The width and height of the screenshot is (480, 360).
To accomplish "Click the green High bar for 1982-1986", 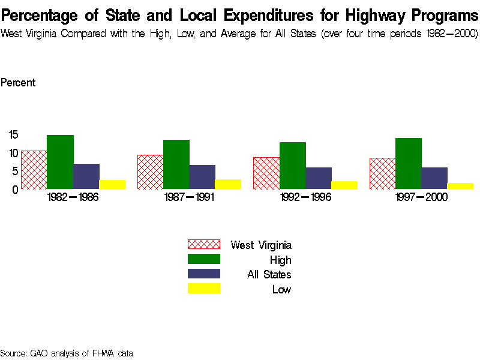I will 60,162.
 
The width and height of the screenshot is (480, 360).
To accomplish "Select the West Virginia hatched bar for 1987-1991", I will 150,172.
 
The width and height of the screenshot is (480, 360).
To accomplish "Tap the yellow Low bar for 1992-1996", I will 344,185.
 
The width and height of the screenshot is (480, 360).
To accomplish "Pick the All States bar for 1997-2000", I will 434,178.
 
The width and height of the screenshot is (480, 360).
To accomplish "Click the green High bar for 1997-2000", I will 408,163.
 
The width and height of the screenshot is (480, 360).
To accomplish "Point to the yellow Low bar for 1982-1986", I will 112,184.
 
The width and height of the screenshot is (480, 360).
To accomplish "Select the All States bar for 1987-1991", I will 202,177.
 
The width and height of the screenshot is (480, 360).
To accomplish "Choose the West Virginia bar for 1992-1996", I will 266,173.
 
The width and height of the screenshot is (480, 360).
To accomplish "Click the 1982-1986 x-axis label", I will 72,197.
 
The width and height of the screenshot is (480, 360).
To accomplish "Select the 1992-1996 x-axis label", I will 305,197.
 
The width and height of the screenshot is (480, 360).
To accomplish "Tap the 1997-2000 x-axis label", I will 421,197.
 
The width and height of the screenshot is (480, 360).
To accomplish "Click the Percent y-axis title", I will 18,83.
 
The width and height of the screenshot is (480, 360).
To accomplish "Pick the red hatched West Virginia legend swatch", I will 204,244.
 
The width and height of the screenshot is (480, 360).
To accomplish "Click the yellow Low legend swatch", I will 204,289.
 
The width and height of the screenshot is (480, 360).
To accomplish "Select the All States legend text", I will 269,275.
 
